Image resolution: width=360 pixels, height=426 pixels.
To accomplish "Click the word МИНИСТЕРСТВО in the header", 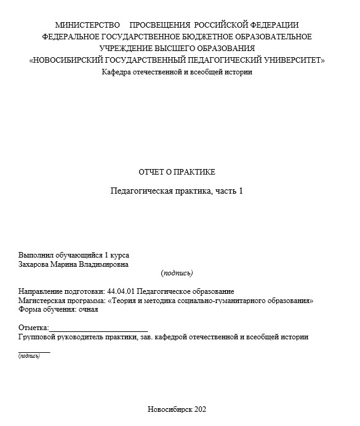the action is pos(87,25).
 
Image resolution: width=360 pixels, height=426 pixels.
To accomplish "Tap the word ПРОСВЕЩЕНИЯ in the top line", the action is pos(161,25).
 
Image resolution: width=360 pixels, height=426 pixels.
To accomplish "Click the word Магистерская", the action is pos(42,301).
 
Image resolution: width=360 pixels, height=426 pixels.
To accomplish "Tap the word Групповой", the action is pos(39,337).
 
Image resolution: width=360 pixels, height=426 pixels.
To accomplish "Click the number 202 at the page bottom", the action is pos(201,409).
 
